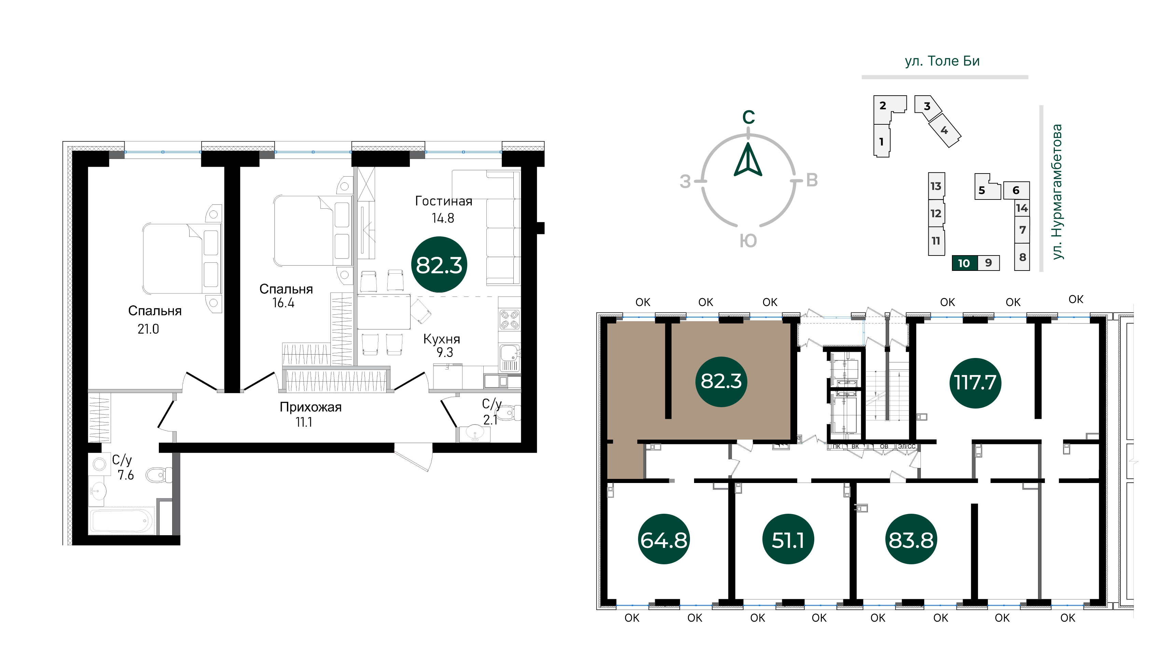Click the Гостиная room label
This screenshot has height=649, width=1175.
coord(443,201)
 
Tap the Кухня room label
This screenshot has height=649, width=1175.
coord(442,339)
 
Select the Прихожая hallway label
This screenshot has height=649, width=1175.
coord(310,407)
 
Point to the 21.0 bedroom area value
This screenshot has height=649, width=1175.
coord(148,329)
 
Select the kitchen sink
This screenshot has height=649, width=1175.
coord(510,358)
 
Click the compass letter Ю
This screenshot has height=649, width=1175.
coord(748,241)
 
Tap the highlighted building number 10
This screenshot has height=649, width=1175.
coord(964,263)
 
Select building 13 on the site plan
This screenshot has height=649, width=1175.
coord(936,186)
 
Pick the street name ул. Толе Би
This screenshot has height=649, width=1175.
coord(942,61)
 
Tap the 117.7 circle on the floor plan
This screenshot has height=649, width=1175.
coord(975,383)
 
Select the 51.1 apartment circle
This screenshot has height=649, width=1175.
coord(788,540)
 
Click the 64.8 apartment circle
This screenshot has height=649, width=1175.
coord(664,540)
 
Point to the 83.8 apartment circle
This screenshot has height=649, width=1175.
coord(911,540)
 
